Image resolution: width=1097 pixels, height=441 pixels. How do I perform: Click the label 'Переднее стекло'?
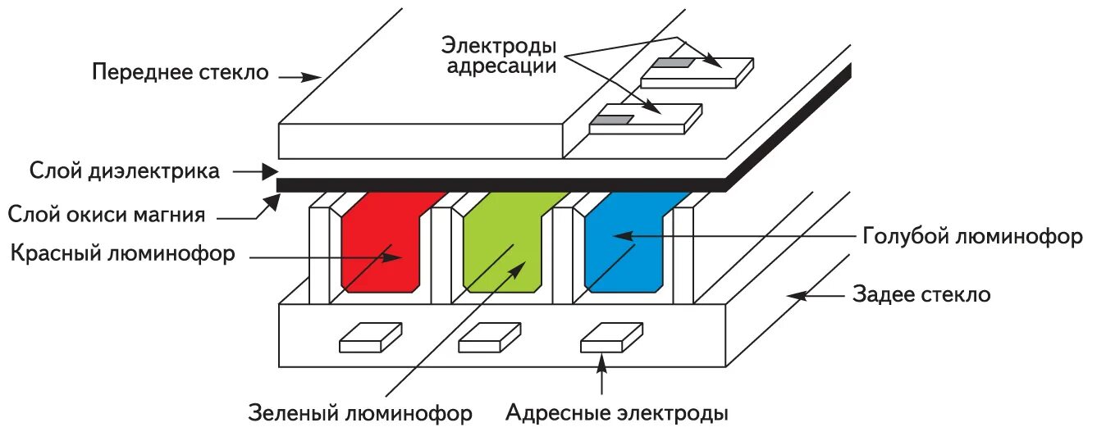[x=181, y=72]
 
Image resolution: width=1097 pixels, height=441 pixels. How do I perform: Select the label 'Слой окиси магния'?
[x=106, y=216]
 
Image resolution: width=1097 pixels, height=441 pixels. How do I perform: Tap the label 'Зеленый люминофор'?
[x=360, y=413]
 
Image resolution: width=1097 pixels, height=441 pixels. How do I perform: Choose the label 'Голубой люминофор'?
[x=973, y=237]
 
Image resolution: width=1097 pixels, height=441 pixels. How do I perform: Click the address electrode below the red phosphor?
[x=371, y=338]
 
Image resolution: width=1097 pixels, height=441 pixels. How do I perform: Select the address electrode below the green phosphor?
[x=490, y=338]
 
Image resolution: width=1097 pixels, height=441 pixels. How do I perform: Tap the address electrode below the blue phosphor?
[x=611, y=338]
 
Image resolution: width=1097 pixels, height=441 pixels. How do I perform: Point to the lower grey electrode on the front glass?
[x=612, y=120]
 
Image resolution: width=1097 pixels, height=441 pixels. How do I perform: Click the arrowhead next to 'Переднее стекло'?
[x=312, y=77]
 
